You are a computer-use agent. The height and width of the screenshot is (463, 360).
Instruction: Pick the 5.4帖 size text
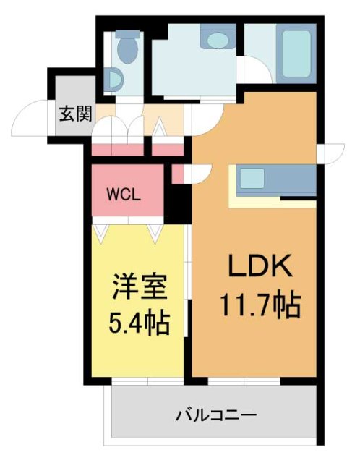(x=140, y=321)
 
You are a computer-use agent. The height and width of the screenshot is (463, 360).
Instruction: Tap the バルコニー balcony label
(x=215, y=416)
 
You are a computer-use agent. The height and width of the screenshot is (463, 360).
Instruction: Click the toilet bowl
(x=129, y=51)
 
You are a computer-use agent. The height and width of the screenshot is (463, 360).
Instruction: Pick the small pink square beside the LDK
(x=178, y=174)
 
